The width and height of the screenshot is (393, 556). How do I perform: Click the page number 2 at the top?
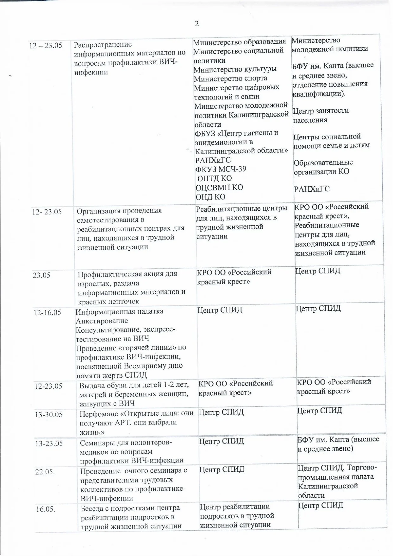tap(196, 24)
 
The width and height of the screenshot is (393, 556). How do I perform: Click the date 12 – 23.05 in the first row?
tap(46, 45)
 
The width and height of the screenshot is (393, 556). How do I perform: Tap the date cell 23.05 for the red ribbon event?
tap(41, 275)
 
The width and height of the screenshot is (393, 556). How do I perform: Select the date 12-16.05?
tap(47, 312)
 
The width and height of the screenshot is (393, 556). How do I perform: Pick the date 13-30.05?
tap(49, 414)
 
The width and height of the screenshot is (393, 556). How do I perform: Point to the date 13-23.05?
tap(49, 443)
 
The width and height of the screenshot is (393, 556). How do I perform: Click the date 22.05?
tap(45, 472)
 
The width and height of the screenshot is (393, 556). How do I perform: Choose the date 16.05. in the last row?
tap(46, 509)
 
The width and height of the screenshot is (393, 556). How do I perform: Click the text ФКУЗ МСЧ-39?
tap(221, 169)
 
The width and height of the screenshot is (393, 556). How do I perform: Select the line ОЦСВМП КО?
tap(219, 188)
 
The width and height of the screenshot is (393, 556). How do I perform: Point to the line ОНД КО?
tap(210, 197)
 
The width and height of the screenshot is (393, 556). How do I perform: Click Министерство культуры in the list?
tap(235, 69)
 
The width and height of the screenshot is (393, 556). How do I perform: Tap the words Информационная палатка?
tap(119, 311)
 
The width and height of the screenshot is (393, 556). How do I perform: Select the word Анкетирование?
tap(102, 321)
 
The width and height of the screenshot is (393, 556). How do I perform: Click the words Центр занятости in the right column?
tap(321, 111)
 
